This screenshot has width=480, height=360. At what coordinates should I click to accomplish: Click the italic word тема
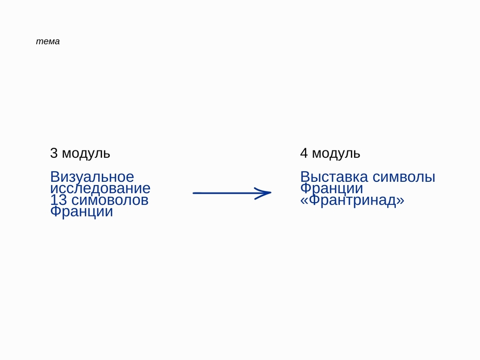48,41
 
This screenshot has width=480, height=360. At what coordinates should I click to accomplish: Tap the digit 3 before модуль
54,153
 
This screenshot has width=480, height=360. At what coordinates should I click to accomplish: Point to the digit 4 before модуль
304,153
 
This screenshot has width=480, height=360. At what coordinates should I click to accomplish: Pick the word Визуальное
92,177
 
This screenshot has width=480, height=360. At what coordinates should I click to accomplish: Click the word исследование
100,189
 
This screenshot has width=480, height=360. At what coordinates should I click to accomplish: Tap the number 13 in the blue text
59,200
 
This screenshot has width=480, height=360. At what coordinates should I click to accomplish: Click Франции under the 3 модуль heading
82,212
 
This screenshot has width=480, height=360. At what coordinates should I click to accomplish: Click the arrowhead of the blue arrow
264,193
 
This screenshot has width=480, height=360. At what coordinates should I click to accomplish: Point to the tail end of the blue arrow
193,193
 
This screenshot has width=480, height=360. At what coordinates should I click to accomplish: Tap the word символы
404,177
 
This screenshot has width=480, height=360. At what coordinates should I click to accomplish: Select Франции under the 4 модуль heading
332,188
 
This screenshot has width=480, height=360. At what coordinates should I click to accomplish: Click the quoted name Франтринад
353,200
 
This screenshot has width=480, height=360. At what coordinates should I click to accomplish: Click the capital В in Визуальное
54,177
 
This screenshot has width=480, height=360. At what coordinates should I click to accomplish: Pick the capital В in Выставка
305,177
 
